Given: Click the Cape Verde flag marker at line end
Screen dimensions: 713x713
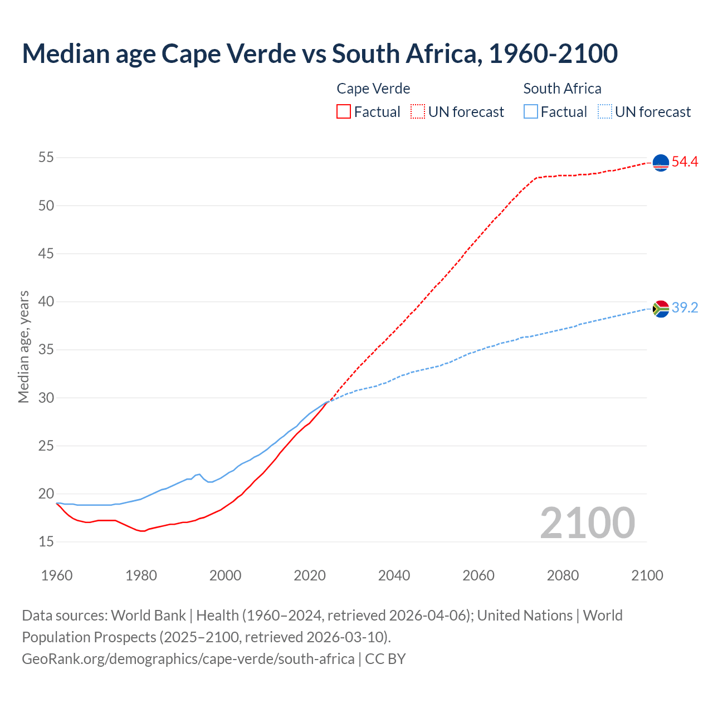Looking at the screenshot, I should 661,163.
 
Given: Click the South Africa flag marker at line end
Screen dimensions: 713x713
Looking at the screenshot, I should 661,309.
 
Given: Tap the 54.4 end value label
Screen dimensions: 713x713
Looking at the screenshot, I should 685,162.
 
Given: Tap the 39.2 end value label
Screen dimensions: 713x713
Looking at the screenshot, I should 685,308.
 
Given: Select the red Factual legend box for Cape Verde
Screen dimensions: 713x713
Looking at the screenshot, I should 344,112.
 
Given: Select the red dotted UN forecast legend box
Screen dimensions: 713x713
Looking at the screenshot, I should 418,112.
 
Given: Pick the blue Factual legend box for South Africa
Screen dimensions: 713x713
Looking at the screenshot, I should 531,112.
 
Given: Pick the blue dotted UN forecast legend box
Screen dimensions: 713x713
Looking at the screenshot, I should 605,112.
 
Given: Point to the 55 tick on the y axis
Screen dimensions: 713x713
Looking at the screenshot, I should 46,158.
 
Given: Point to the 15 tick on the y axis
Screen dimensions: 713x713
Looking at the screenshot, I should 46,541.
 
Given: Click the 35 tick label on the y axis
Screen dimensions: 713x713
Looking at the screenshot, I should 46,350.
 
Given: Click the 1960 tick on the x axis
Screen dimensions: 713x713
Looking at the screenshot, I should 57,575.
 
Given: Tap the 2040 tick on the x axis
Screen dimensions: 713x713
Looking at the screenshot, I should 394,575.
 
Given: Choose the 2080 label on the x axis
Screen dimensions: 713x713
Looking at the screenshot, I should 563,575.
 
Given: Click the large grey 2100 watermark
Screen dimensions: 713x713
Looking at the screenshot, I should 588,522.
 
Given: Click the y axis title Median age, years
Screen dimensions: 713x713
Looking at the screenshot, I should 23,346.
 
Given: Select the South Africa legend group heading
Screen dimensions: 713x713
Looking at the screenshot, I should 562,89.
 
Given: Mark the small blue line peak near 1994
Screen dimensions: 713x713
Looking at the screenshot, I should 199,474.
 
